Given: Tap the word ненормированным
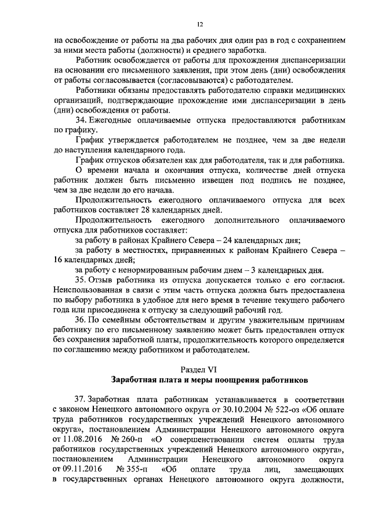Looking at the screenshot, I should click(146, 270).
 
